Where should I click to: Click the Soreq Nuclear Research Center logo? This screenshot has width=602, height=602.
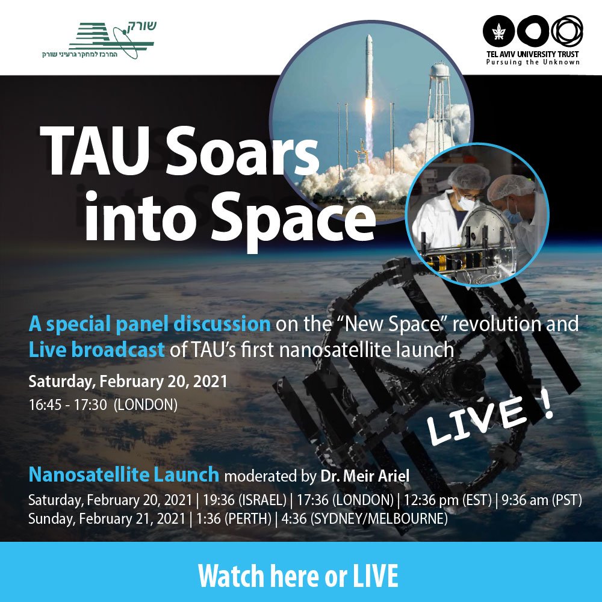click(x=99, y=40)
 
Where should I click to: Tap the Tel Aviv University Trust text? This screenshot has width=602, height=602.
click(x=533, y=54)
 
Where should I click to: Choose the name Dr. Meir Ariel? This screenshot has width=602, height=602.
click(x=365, y=476)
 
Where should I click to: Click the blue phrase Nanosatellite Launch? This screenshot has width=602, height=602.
click(x=123, y=475)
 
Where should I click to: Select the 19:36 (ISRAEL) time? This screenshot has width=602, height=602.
click(x=244, y=500)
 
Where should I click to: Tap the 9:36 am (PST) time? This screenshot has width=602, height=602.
click(x=542, y=500)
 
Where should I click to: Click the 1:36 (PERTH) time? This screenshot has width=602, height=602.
click(x=234, y=519)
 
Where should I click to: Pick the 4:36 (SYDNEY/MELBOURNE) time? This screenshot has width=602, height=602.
click(x=364, y=519)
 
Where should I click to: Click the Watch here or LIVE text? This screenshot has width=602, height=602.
click(x=298, y=576)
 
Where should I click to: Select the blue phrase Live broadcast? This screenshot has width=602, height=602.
click(x=96, y=350)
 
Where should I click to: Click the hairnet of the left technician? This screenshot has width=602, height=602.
click(x=469, y=176)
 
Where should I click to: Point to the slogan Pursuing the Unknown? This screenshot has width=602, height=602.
click(x=533, y=62)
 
